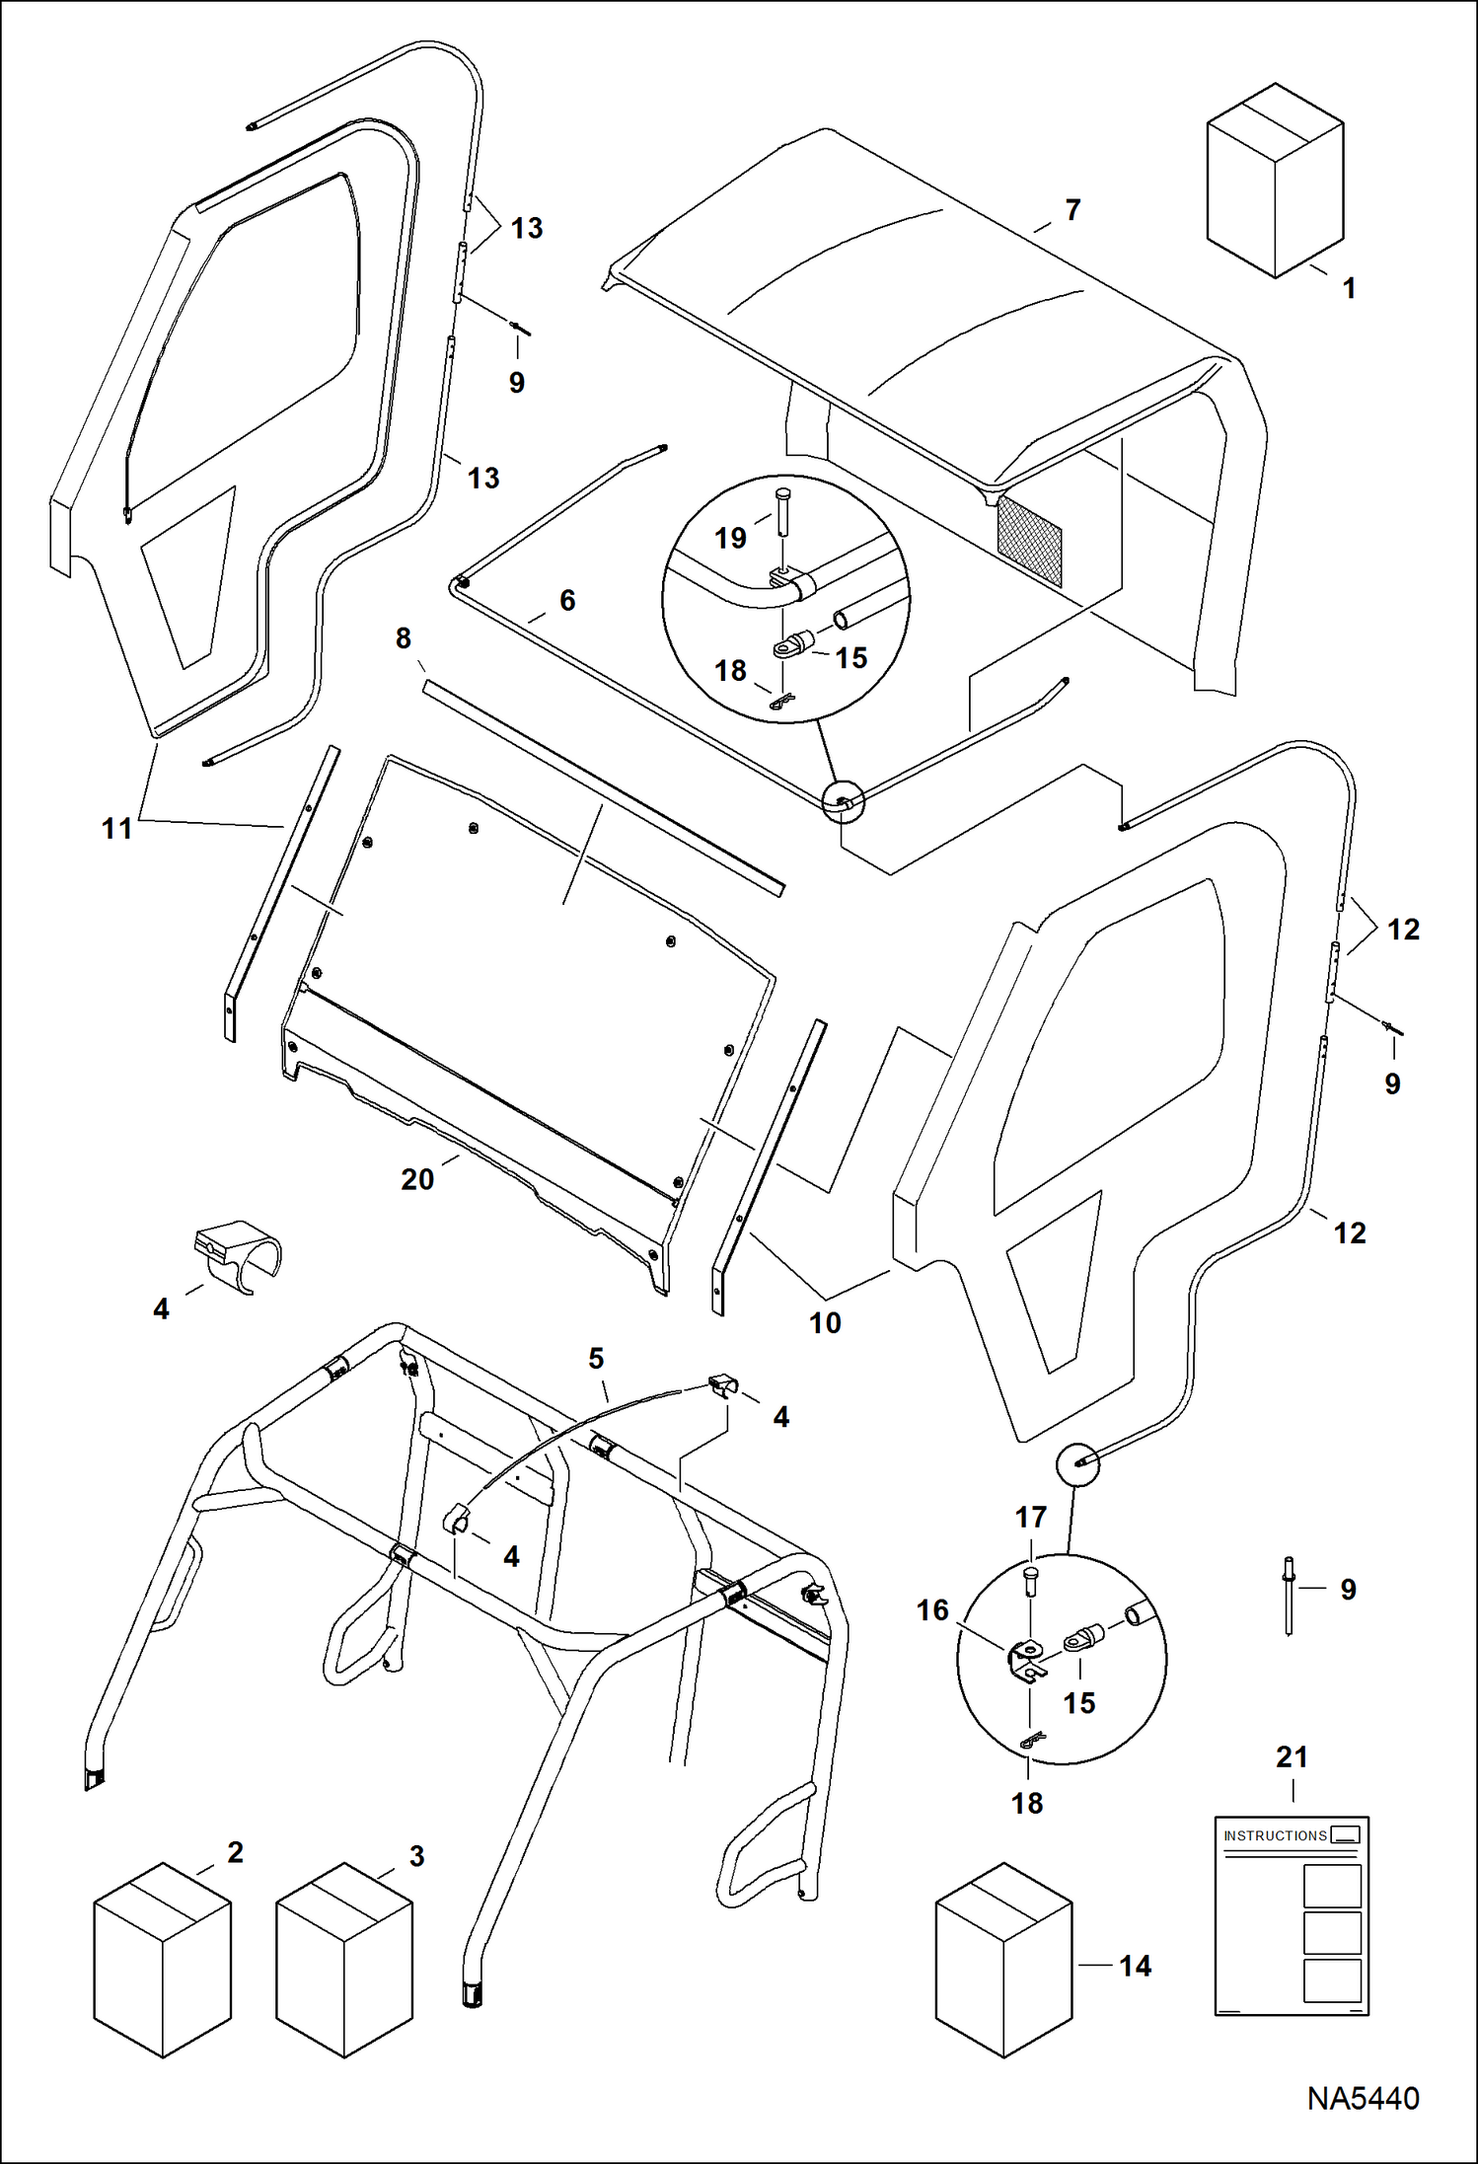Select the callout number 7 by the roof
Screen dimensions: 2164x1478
1072,210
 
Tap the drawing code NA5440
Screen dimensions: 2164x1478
1363,2098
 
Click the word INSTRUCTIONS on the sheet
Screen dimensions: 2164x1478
1275,1835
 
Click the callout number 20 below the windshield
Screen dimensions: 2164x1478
417,1179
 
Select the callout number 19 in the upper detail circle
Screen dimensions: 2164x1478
730,538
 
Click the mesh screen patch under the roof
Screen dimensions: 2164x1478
1030,540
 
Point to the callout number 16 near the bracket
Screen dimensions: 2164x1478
932,1610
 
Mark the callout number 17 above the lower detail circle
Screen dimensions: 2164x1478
1031,1517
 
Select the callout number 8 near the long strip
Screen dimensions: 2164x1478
403,638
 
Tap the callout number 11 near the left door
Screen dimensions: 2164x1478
116,828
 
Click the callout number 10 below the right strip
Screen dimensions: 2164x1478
825,1322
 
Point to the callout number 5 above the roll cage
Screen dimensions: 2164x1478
596,1359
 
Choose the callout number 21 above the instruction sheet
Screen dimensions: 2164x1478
1292,1756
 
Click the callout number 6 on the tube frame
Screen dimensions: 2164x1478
567,600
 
